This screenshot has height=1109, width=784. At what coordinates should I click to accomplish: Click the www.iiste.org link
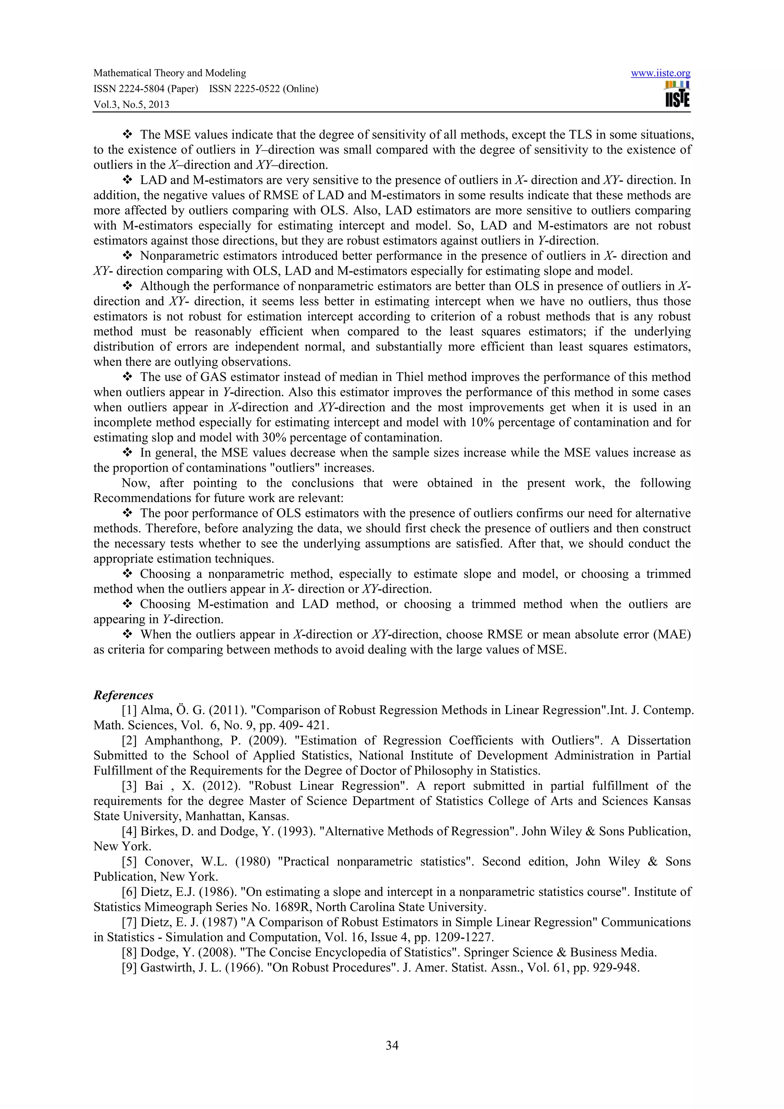click(660, 73)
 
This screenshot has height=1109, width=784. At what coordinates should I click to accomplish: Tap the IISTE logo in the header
click(677, 95)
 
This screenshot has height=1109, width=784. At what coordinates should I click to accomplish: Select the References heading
click(123, 695)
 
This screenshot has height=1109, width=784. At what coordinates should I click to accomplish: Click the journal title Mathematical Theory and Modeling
click(170, 73)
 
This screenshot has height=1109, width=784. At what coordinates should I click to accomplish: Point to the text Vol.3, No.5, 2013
click(131, 104)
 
